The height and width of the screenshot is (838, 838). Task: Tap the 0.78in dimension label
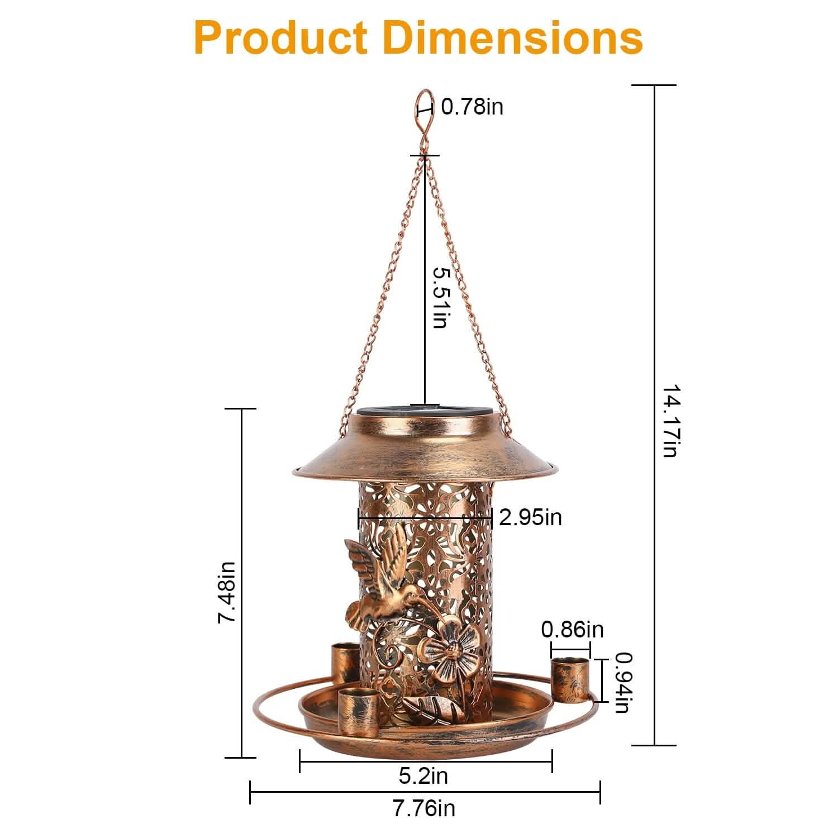[472, 106]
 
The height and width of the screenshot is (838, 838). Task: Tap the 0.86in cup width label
[572, 630]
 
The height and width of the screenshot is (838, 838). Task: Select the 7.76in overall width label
[423, 808]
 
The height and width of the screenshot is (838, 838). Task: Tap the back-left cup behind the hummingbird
[345, 662]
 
